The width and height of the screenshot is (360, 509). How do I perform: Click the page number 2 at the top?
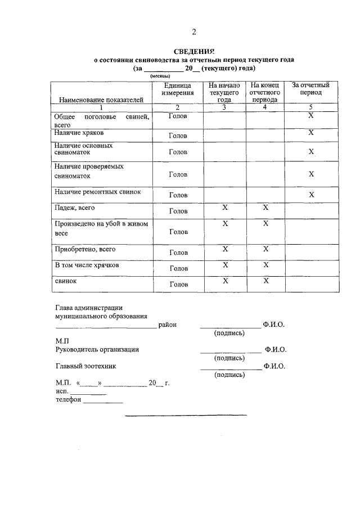(193, 31)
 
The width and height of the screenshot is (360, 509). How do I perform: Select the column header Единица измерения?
(178, 89)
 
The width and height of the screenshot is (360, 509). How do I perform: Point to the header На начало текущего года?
(224, 92)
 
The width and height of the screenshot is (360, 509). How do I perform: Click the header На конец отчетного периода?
(265, 92)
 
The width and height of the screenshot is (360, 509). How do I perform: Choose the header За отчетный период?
(311, 89)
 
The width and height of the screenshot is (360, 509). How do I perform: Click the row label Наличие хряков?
(79, 133)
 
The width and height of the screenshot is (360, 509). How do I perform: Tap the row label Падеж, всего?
(75, 208)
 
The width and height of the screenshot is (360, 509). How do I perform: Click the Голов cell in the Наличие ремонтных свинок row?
(178, 195)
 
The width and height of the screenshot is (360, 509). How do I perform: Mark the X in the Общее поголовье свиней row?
(311, 115)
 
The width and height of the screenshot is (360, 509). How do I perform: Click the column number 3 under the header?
(224, 107)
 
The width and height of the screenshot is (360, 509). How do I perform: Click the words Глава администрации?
(89, 308)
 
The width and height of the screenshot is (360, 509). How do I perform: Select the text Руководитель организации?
(97, 349)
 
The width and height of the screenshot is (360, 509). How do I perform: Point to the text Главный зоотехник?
(85, 366)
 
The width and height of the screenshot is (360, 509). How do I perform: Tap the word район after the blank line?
(168, 325)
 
